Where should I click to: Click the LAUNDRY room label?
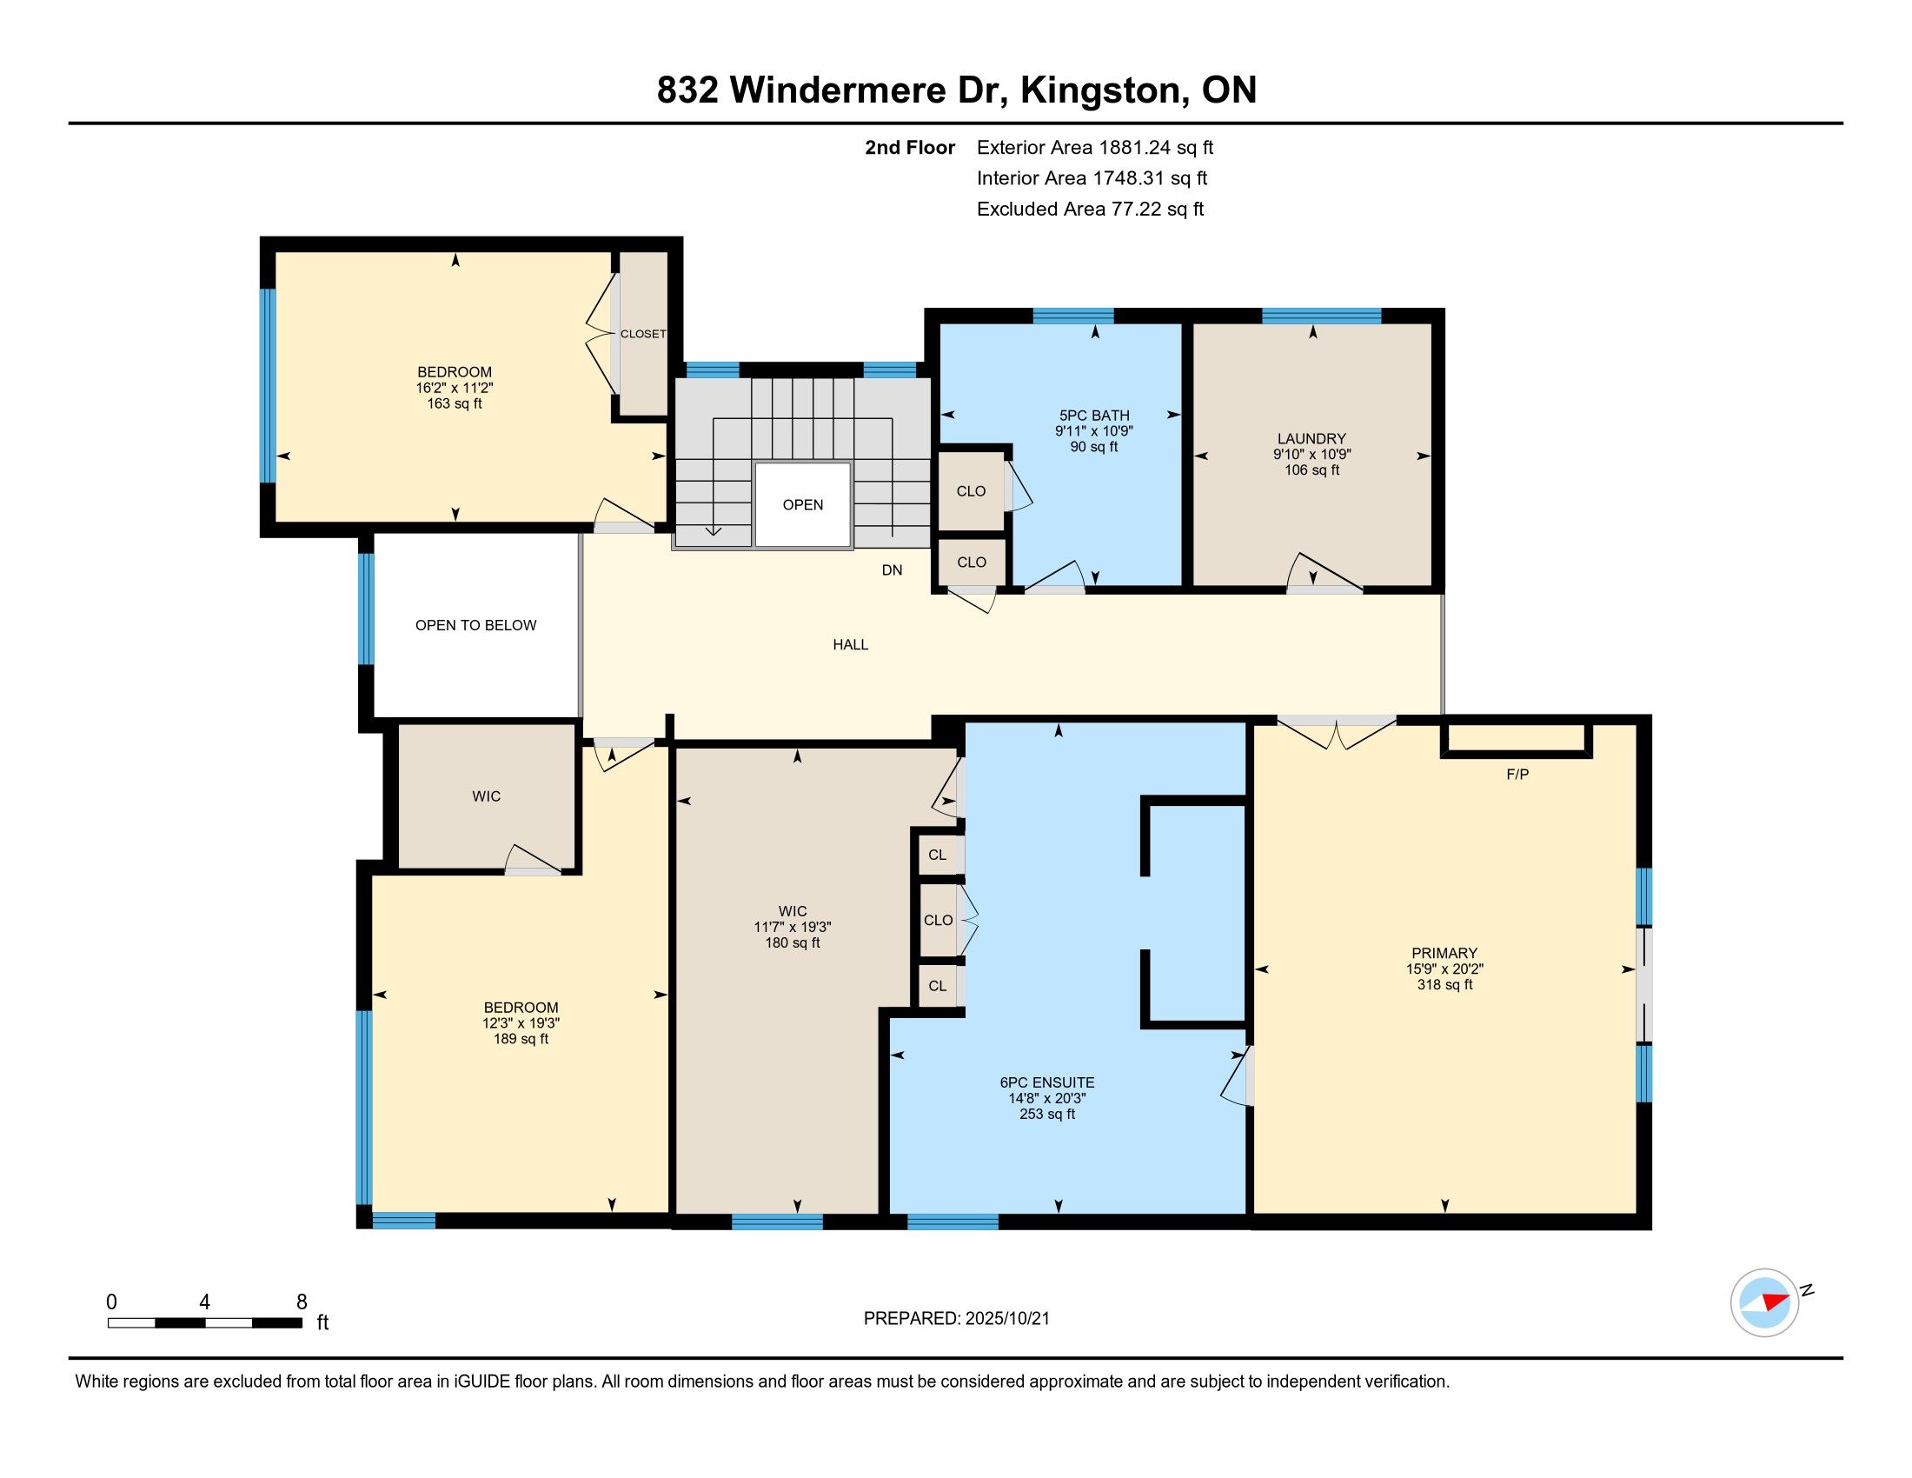pyautogui.click(x=1311, y=439)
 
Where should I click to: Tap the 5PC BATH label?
pyautogui.click(x=1094, y=416)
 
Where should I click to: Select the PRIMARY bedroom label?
pyautogui.click(x=1444, y=954)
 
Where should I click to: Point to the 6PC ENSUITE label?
pyautogui.click(x=1047, y=1083)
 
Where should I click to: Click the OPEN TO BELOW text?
pyautogui.click(x=475, y=625)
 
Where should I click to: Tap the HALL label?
pyautogui.click(x=850, y=645)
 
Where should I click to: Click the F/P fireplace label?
pyautogui.click(x=1517, y=775)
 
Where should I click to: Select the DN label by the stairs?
pyautogui.click(x=892, y=570)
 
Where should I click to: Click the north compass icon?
pyautogui.click(x=1765, y=1302)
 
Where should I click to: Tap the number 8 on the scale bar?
pyautogui.click(x=302, y=1302)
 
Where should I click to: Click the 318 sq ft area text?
pyautogui.click(x=1444, y=985)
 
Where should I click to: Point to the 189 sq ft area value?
pyautogui.click(x=521, y=1039)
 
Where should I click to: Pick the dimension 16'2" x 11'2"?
pyautogui.click(x=455, y=388)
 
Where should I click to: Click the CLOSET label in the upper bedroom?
pyautogui.click(x=643, y=334)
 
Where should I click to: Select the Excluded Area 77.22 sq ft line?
pyautogui.click(x=1090, y=210)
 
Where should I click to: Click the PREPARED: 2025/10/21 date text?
pyautogui.click(x=956, y=1319)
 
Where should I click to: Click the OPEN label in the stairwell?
pyautogui.click(x=803, y=505)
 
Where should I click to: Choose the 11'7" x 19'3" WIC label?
pyautogui.click(x=793, y=928)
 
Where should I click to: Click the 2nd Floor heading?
pyautogui.click(x=910, y=148)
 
